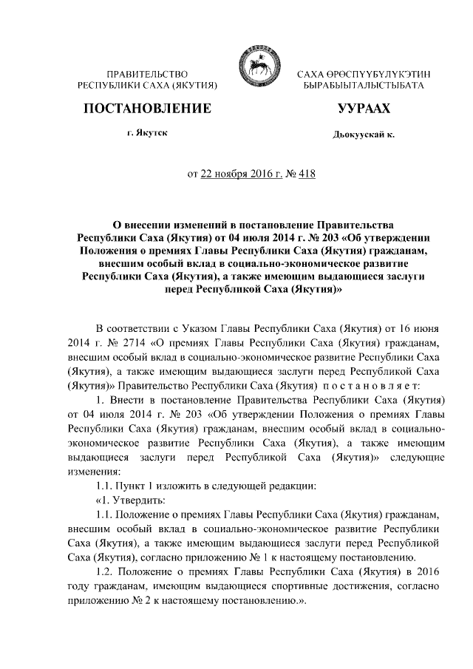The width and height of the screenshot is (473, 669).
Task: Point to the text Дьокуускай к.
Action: (364, 136)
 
